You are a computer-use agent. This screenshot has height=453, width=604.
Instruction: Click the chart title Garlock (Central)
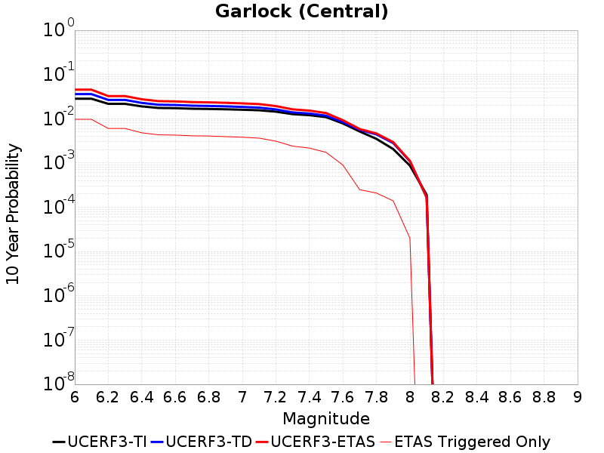(x=302, y=11)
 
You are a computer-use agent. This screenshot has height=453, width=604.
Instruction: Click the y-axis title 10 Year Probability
(x=13, y=214)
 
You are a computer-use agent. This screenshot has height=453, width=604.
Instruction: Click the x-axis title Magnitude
(x=326, y=418)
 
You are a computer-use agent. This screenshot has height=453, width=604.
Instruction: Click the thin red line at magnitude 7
(x=242, y=137)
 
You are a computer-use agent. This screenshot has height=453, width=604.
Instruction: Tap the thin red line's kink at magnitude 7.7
(x=359, y=190)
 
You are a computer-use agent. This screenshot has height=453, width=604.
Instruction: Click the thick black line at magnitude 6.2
(x=109, y=103)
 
